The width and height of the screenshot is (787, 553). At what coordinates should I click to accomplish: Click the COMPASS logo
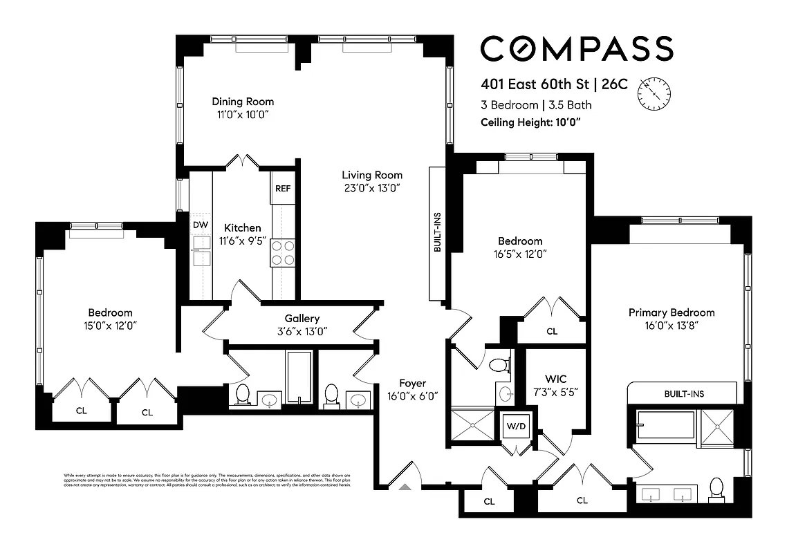[x=576, y=49]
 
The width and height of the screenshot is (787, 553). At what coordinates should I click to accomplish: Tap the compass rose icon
[x=654, y=93]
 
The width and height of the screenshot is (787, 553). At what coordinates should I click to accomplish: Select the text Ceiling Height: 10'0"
[x=530, y=122]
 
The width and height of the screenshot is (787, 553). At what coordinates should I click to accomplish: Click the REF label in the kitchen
[x=283, y=188]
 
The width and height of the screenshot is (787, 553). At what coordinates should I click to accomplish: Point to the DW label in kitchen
[x=201, y=225]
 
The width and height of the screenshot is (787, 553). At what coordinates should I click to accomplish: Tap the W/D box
[x=515, y=426]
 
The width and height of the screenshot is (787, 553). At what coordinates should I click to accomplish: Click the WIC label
[x=555, y=379]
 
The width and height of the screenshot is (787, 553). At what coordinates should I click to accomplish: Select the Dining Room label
[x=243, y=102]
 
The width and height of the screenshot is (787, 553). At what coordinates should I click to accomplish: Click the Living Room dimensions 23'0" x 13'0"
[x=372, y=188]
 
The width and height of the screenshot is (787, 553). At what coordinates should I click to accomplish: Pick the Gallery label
[x=302, y=319]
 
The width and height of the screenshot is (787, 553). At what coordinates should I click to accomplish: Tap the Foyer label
[x=412, y=383]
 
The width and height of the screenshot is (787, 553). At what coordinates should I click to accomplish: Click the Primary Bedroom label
[x=671, y=312]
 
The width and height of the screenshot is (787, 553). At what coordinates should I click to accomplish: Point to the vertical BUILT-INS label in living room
[x=438, y=236]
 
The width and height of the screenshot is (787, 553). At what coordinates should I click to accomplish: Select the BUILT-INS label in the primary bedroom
[x=683, y=393]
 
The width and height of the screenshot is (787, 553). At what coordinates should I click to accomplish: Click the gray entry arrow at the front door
[x=405, y=487]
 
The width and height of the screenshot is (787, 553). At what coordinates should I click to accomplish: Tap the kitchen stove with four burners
[x=283, y=253]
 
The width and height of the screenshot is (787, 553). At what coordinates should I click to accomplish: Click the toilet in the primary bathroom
[x=717, y=488]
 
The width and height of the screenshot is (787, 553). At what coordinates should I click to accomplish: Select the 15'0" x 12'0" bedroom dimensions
[x=110, y=326]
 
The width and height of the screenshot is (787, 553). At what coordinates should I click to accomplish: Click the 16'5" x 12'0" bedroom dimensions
[x=520, y=254]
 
